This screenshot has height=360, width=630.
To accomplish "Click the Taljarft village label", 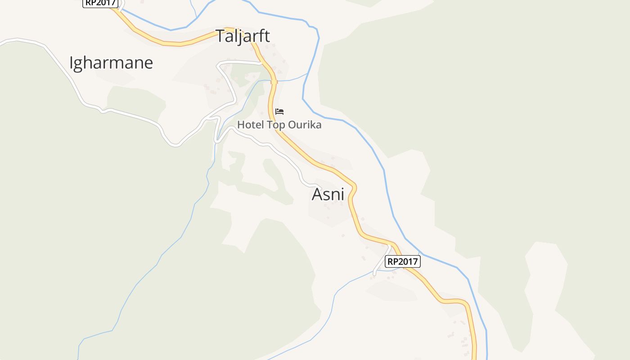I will pyautogui.click(x=243, y=36).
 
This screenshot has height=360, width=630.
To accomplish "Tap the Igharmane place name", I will pyautogui.click(x=111, y=63).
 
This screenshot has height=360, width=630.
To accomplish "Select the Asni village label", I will pyautogui.click(x=328, y=194).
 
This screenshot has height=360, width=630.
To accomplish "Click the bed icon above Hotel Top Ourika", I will pyautogui.click(x=279, y=111).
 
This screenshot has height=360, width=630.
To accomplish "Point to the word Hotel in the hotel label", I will pyautogui.click(x=251, y=125).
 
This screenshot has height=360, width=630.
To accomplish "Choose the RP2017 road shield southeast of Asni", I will pyautogui.click(x=403, y=261).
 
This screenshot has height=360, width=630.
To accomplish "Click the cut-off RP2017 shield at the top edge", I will pyautogui.click(x=100, y=3).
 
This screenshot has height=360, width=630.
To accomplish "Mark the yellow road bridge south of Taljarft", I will pyautogui.click(x=274, y=81).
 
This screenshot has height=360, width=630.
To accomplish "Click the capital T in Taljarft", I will pyautogui.click(x=220, y=36).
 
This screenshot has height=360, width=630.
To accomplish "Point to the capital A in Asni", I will pyautogui.click(x=317, y=194).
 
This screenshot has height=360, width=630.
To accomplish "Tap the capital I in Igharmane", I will pyautogui.click(x=71, y=63).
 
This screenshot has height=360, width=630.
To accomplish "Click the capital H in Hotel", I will pyautogui.click(x=241, y=125).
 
